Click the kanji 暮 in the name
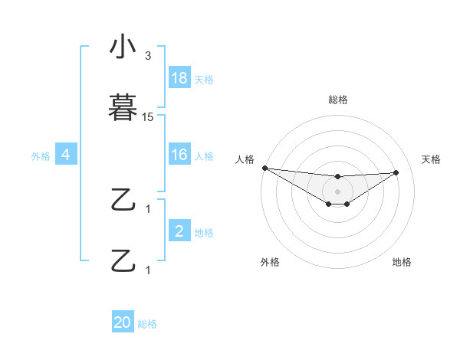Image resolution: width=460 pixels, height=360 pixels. [x=124, y=108]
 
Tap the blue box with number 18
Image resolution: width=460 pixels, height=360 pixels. [x=179, y=78]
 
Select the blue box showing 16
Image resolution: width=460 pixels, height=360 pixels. [x=179, y=155]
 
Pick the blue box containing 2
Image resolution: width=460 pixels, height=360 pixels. [x=179, y=231]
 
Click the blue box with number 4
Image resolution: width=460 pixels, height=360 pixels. [x=66, y=155]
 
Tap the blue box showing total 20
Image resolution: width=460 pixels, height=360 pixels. [x=123, y=322]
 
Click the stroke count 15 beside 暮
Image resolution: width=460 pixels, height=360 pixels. [x=148, y=117]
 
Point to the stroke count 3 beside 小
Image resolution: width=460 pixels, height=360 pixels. [x=148, y=56]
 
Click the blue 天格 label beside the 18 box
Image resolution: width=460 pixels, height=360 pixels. [x=204, y=80]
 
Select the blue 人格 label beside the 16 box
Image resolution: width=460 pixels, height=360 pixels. [x=204, y=156]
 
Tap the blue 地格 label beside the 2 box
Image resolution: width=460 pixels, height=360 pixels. [x=204, y=233]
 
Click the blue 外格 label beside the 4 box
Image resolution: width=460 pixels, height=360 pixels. [x=41, y=156]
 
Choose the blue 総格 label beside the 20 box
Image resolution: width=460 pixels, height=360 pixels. [x=147, y=324]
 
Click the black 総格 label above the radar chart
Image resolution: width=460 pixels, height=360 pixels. [x=338, y=100]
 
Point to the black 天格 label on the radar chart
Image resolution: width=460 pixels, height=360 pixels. [x=432, y=159]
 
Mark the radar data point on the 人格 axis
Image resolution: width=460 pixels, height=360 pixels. [x=264, y=168]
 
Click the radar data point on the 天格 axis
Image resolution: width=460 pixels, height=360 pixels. [x=396, y=172]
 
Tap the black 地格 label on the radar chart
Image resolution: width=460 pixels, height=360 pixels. [x=402, y=262]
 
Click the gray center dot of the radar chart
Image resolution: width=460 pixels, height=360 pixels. [x=338, y=191]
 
